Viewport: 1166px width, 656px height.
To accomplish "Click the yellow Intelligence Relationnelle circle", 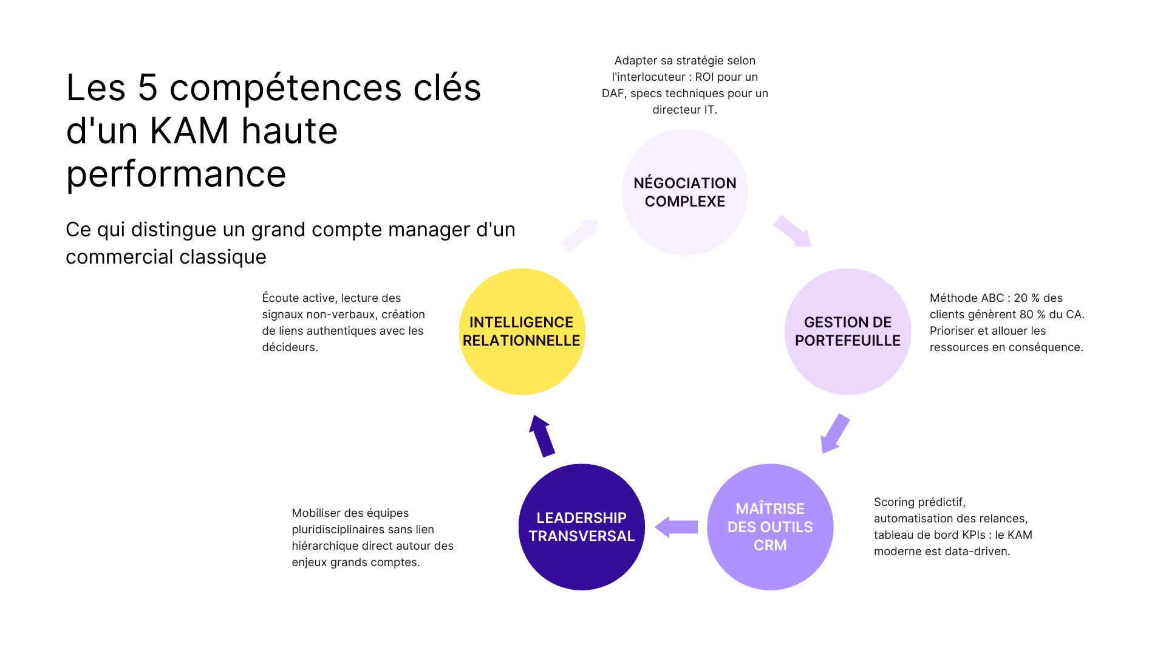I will pos(522,332).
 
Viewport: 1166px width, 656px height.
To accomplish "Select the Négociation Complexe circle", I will pos(684,192).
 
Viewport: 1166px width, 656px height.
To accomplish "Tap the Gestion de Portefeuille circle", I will pos(847,332).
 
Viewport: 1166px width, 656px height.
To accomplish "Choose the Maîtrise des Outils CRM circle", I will pos(770,527).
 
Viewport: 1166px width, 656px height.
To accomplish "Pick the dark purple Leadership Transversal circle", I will pos(581,527).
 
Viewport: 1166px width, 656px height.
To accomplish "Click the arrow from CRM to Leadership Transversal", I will pos(677,527).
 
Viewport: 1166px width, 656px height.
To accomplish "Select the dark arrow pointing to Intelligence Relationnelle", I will pos(542,436).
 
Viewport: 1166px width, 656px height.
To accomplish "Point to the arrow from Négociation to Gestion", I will pos(793,231).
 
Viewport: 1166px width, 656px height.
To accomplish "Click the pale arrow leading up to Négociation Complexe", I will pos(580,235).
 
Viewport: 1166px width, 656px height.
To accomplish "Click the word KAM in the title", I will pos(189,131).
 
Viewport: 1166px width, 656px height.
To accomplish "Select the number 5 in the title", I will pos(148,87).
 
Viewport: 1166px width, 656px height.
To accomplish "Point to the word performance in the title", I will pos(176,174).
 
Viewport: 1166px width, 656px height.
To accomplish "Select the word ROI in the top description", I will pos(704,77).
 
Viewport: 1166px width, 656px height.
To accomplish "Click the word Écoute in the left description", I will pos(280,298).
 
